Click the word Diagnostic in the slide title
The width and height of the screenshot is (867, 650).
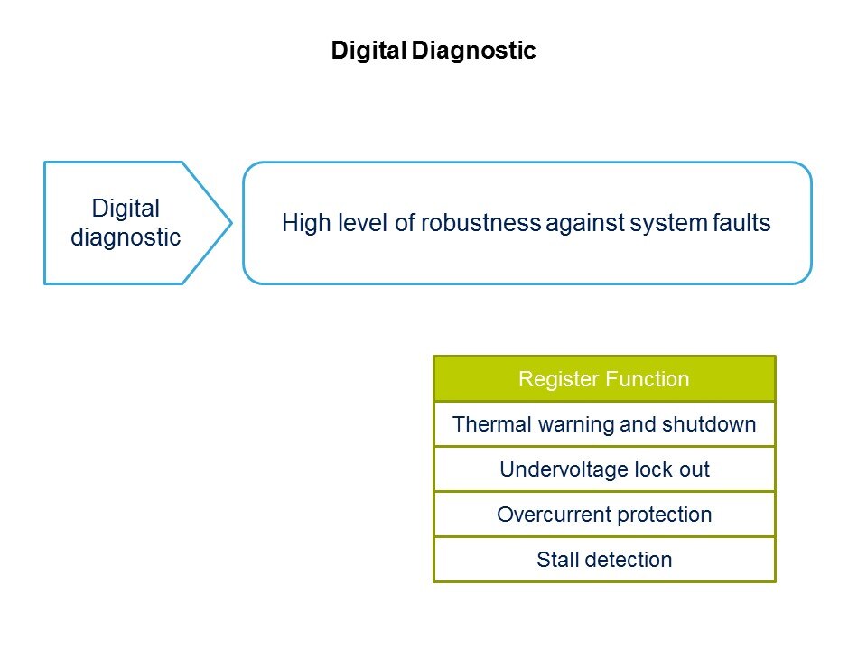pyautogui.click(x=473, y=51)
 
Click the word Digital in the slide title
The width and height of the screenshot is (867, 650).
pyautogui.click(x=368, y=51)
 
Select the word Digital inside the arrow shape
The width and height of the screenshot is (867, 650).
pyautogui.click(x=126, y=209)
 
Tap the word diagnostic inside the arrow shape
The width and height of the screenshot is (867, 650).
pyautogui.click(x=126, y=237)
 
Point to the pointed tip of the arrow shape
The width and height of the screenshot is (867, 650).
pyautogui.click(x=232, y=223)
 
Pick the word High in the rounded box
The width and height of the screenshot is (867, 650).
pyautogui.click(x=307, y=223)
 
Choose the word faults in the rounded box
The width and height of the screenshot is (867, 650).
pyautogui.click(x=741, y=223)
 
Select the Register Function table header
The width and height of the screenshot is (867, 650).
pyautogui.click(x=604, y=378)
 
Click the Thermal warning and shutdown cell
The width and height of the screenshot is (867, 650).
pyautogui.click(x=604, y=424)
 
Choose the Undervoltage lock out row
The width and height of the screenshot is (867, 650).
pyautogui.click(x=604, y=469)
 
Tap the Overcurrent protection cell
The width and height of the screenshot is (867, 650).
pyautogui.click(x=604, y=514)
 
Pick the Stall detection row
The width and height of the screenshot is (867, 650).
pyautogui.click(x=604, y=560)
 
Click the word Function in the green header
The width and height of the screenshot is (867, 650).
pyautogui.click(x=648, y=379)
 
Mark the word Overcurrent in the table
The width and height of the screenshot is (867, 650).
pyautogui.click(x=554, y=515)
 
